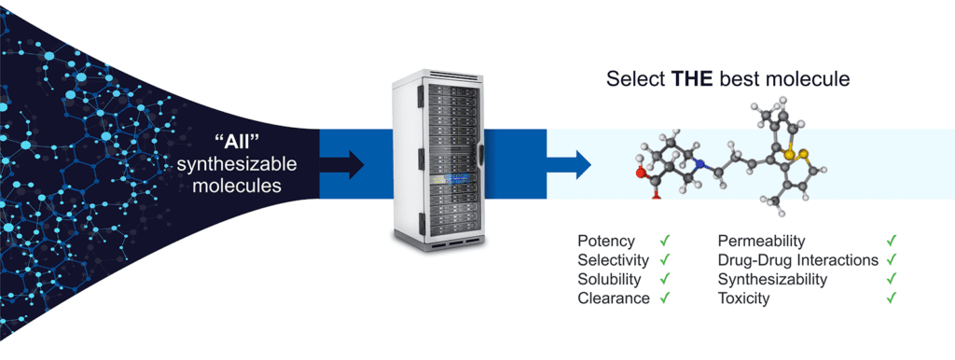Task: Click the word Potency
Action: (x=606, y=242)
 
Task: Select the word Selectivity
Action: (x=614, y=261)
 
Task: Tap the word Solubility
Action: (x=610, y=280)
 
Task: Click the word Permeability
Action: (x=761, y=242)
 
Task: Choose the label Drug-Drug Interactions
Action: (x=798, y=260)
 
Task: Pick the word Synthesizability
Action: (x=772, y=280)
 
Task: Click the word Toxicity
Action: (x=743, y=298)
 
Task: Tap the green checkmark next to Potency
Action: (x=664, y=241)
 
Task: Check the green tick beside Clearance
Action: (x=664, y=298)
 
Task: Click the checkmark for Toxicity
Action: (x=892, y=298)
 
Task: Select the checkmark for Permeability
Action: (x=892, y=241)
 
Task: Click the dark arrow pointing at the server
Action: (x=341, y=164)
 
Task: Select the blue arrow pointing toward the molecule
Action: (x=569, y=164)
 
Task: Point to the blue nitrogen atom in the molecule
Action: (x=699, y=163)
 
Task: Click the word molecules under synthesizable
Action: (x=237, y=185)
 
